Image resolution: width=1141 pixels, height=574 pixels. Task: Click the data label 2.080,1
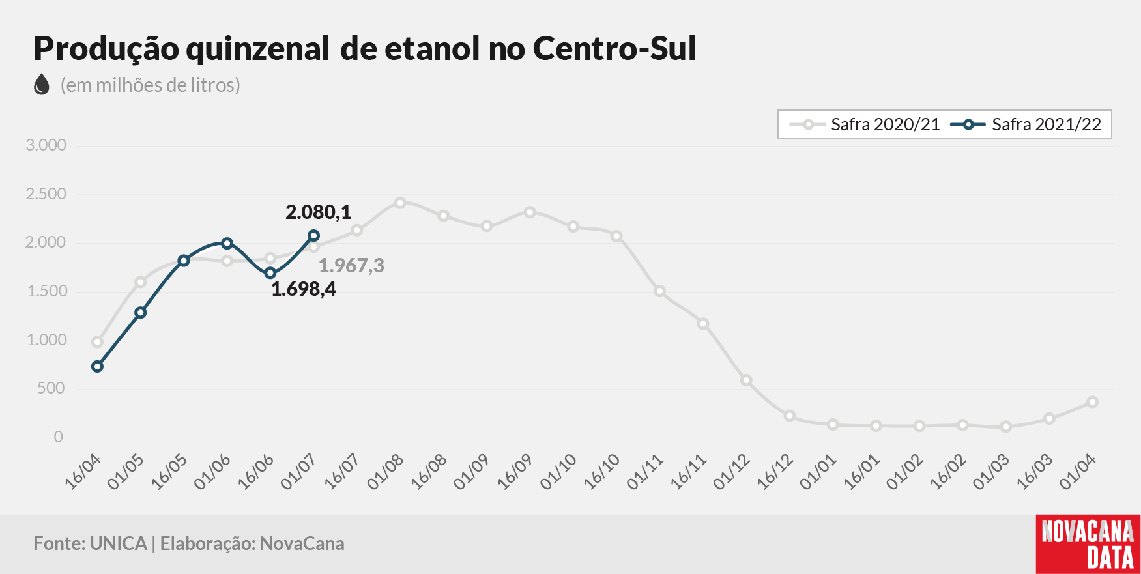tap(318, 212)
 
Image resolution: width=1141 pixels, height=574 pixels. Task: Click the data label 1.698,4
tap(304, 289)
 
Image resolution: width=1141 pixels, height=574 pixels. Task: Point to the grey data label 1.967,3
tap(351, 265)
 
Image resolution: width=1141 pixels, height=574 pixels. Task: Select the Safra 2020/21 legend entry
tap(865, 124)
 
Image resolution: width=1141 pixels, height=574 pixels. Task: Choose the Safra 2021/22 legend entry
tap(1026, 124)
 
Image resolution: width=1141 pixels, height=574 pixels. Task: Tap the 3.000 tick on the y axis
tap(46, 145)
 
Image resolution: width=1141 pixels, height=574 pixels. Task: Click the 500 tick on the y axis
tap(51, 388)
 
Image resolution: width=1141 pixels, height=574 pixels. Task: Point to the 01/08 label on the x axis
tap(385, 472)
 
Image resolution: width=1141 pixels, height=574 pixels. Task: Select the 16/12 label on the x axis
tap(775, 472)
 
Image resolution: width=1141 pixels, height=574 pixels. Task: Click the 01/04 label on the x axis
tap(1078, 472)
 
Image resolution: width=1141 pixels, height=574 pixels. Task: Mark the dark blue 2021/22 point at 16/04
tap(98, 367)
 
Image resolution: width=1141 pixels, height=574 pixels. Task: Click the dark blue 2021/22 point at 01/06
tap(227, 244)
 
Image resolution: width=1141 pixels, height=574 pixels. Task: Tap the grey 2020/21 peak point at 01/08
tap(400, 203)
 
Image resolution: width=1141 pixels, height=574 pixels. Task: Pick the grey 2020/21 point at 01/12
tap(746, 380)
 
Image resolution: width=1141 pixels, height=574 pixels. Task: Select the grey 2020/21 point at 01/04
tap(1093, 402)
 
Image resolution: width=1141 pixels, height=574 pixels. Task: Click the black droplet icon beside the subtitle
tap(42, 84)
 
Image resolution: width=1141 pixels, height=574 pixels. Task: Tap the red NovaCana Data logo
tap(1088, 544)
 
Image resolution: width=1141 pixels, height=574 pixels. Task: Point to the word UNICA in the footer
tap(118, 543)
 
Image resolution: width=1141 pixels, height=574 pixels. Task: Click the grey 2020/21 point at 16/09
tap(530, 212)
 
